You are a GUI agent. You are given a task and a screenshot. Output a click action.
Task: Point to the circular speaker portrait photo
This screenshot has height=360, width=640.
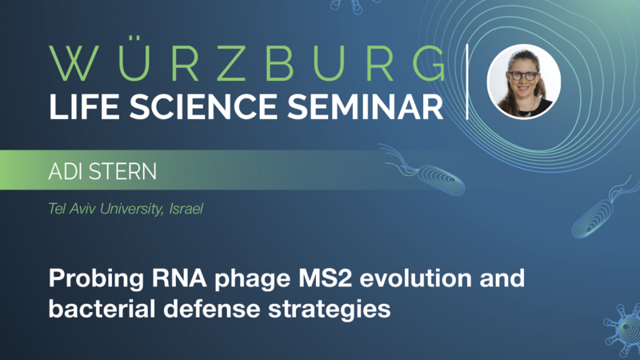[524, 82]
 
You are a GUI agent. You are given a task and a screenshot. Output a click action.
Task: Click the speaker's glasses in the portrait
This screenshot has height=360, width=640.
[523, 76]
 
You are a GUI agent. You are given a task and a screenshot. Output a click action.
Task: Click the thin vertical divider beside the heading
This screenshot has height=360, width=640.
[469, 82]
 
